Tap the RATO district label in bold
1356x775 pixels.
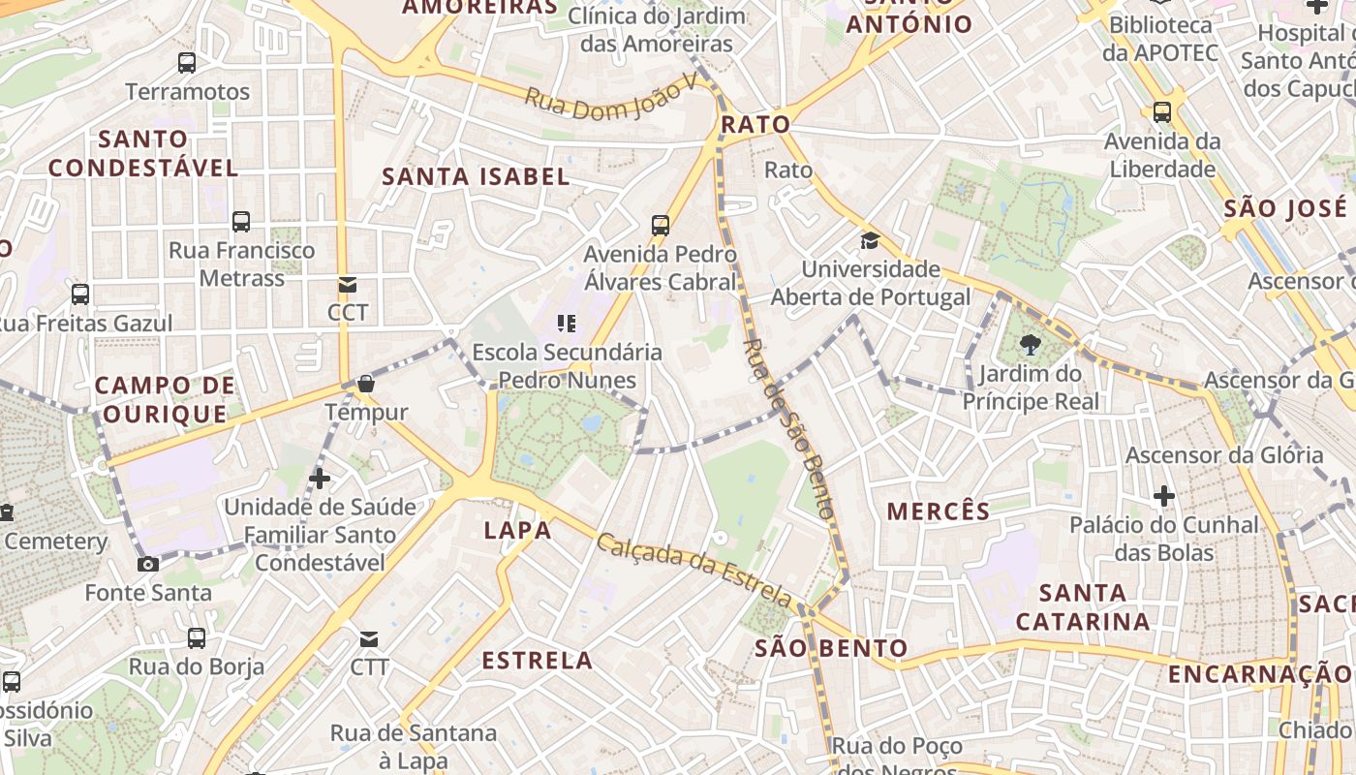[x=755, y=125]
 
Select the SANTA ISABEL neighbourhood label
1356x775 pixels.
[x=476, y=176]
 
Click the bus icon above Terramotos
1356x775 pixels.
[x=187, y=64]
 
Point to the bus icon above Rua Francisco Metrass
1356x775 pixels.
[x=241, y=222]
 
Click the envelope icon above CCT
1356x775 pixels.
[x=347, y=285]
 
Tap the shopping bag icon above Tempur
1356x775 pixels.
[x=366, y=384]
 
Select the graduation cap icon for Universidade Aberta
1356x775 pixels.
[x=870, y=240]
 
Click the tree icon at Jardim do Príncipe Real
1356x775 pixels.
[x=1031, y=345]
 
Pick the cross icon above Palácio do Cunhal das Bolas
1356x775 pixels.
[x=1164, y=497]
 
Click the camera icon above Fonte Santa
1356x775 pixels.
[x=148, y=564]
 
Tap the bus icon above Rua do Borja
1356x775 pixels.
[x=197, y=638]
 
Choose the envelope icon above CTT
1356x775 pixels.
[x=369, y=639]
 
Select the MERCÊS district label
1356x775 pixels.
[x=939, y=511]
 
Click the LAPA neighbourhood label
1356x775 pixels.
[x=517, y=530]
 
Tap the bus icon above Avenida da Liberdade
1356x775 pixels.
[x=1162, y=112]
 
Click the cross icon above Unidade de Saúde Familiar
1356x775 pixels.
[x=320, y=479]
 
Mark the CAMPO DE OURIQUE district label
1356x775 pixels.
[x=165, y=400]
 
